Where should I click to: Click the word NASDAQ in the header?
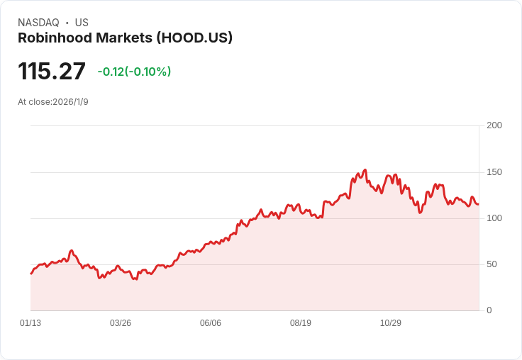(x=38, y=23)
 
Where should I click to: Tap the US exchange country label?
(x=82, y=23)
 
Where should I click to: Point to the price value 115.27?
(x=52, y=72)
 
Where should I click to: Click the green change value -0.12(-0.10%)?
(x=134, y=72)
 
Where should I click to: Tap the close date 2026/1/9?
(x=70, y=102)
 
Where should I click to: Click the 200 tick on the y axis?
(x=494, y=125)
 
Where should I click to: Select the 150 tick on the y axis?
(x=494, y=172)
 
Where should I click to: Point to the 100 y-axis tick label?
(x=494, y=218)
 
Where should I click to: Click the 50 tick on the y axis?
(x=492, y=264)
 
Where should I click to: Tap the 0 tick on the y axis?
(x=489, y=310)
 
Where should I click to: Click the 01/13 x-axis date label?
(x=30, y=323)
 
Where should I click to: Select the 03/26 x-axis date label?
(x=121, y=323)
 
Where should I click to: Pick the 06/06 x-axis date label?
(x=211, y=323)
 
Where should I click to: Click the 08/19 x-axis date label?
(x=301, y=323)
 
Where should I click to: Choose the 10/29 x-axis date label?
(x=391, y=323)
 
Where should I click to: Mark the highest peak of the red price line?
(x=365, y=170)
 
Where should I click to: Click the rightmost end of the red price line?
(x=478, y=204)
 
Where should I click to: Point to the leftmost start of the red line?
(x=30, y=274)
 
